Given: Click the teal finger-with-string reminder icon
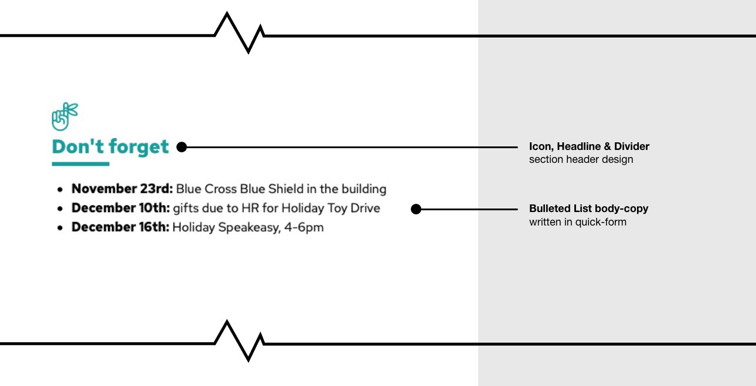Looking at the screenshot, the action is pyautogui.click(x=64, y=117).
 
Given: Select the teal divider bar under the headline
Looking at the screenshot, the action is pyautogui.click(x=81, y=164).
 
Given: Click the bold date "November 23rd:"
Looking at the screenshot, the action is pyautogui.click(x=122, y=189).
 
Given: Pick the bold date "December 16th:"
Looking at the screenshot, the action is pyautogui.click(x=121, y=227).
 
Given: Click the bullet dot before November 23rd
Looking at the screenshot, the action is pyautogui.click(x=60, y=190).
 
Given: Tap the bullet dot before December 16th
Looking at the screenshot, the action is pyautogui.click(x=60, y=228).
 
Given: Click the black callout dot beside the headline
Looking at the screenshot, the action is pyautogui.click(x=182, y=148).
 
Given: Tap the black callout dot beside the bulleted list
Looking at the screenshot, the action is pyautogui.click(x=416, y=209).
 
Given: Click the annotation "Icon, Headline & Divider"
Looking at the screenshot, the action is pyautogui.click(x=589, y=146).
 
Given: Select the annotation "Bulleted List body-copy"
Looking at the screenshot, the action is pyautogui.click(x=588, y=209).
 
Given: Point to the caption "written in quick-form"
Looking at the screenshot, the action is pyautogui.click(x=577, y=222).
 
